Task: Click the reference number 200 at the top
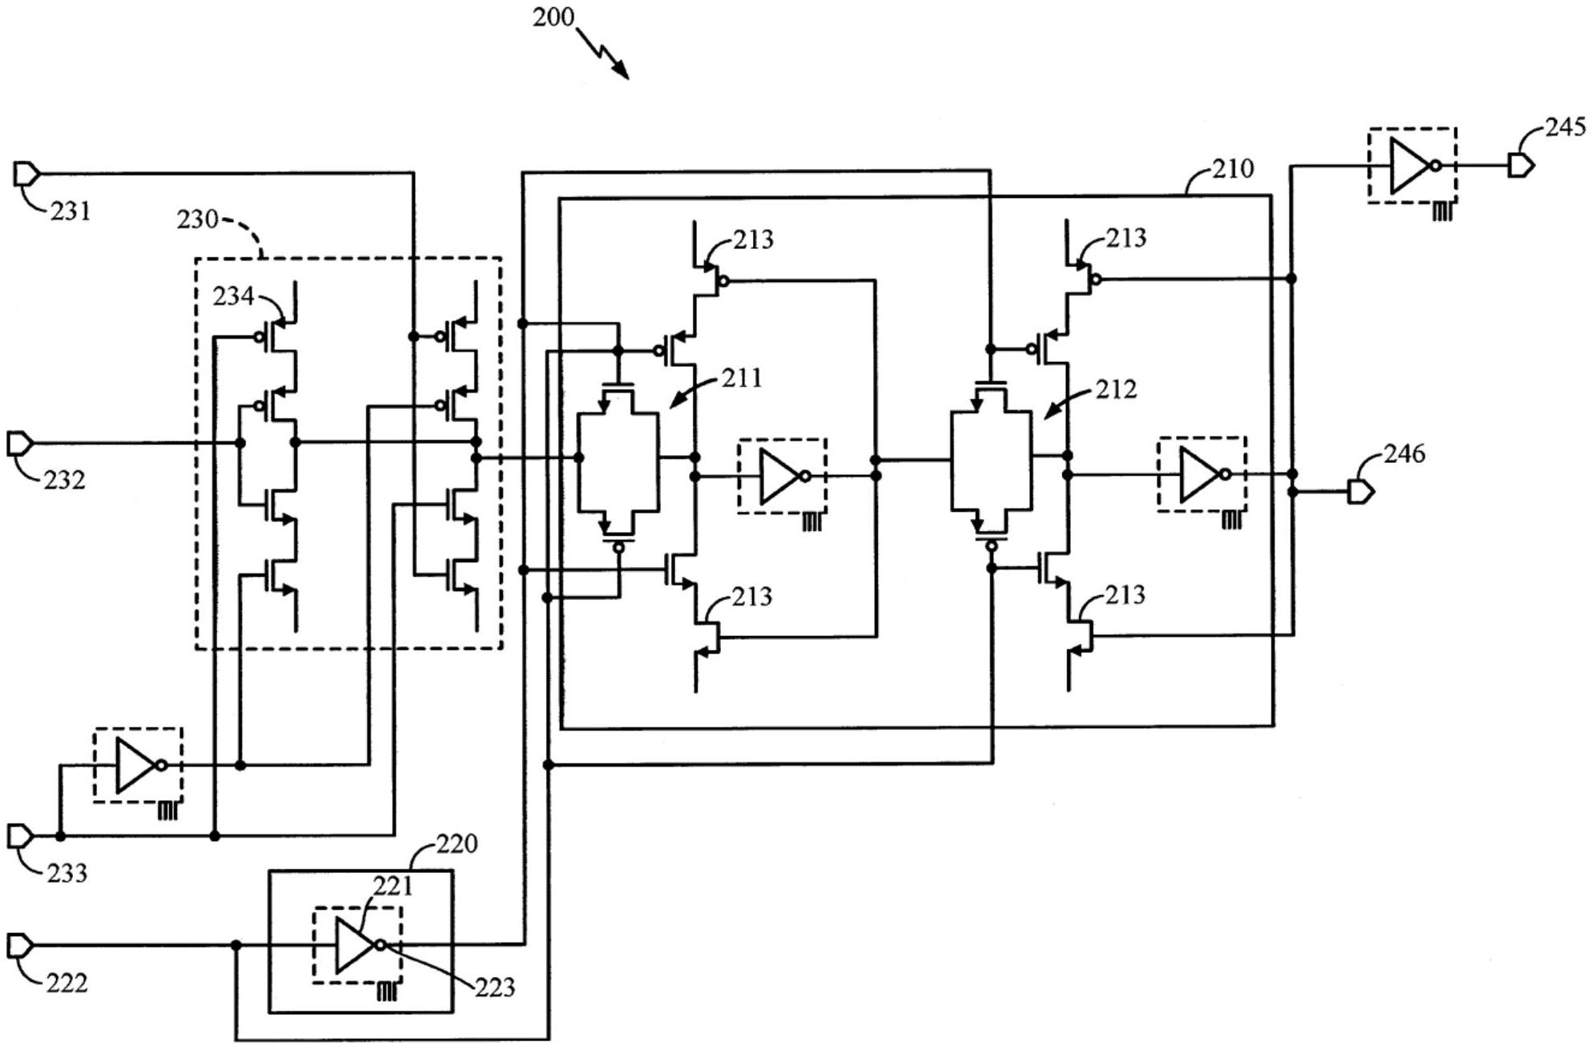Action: (x=553, y=17)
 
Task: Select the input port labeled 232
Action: (x=19, y=443)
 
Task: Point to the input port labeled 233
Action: (x=19, y=836)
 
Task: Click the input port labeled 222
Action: (x=19, y=946)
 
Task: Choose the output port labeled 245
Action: (x=1520, y=166)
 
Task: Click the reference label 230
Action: (x=197, y=219)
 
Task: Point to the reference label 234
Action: (x=232, y=296)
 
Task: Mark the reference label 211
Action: (x=742, y=378)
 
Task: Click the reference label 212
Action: (x=1116, y=389)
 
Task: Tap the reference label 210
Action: (x=1232, y=169)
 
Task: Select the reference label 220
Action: (x=457, y=843)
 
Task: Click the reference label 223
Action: (x=494, y=988)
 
